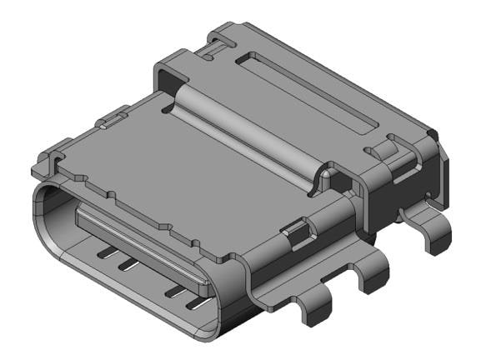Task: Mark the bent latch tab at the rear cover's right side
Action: click(384, 151)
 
